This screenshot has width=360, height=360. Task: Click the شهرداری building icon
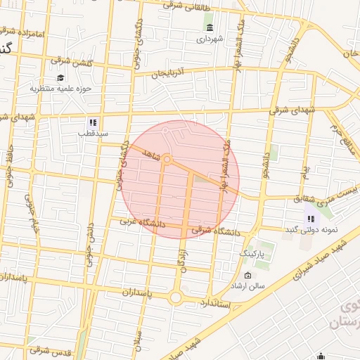[x=210, y=27]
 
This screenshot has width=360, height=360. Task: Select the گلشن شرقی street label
[x=71, y=62]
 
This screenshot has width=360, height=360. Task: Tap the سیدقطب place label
[x=91, y=132]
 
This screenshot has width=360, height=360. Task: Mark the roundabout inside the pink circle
[x=167, y=160]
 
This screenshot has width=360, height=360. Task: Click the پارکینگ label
[x=255, y=252]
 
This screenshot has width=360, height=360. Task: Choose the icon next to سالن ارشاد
[x=247, y=275]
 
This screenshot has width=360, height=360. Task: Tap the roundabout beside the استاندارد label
[x=175, y=298]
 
